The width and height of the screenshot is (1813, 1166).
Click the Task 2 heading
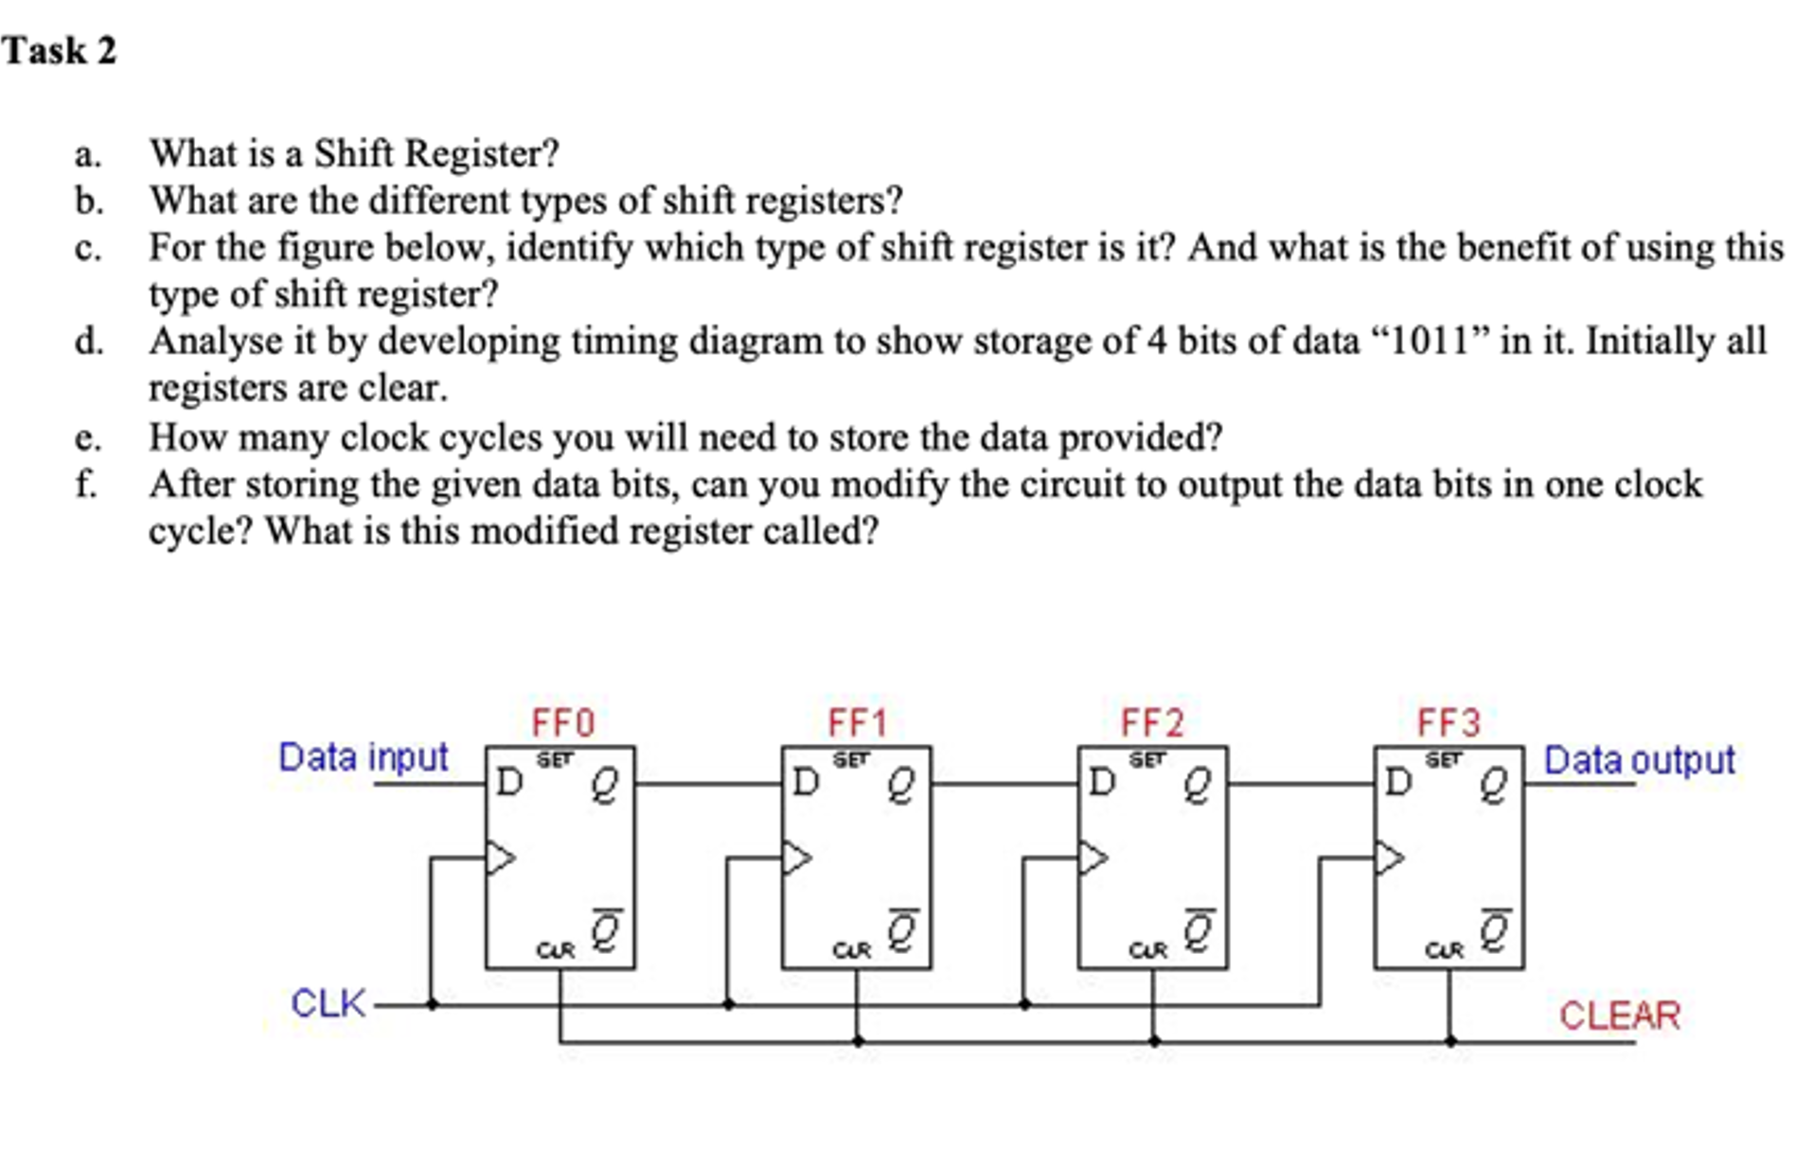59,51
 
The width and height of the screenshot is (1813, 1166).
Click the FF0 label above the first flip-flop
562,724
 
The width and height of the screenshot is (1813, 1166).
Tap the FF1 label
858,724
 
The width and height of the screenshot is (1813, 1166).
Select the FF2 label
1152,724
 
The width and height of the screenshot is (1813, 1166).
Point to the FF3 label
1448,724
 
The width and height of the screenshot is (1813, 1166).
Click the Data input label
363,758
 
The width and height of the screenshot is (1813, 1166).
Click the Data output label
1639,760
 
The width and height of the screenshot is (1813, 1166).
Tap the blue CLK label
328,1003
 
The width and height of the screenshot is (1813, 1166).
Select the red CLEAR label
1619,1016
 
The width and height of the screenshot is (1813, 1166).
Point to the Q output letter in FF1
900,786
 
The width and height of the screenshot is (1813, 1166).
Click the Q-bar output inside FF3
1493,931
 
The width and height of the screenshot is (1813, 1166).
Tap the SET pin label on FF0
556,759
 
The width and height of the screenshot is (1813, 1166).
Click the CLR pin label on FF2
1147,950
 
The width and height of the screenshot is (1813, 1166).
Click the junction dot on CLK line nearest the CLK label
432,1004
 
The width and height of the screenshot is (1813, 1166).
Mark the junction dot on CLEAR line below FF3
1450,1041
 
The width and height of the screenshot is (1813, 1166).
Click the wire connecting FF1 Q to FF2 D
1004,785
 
